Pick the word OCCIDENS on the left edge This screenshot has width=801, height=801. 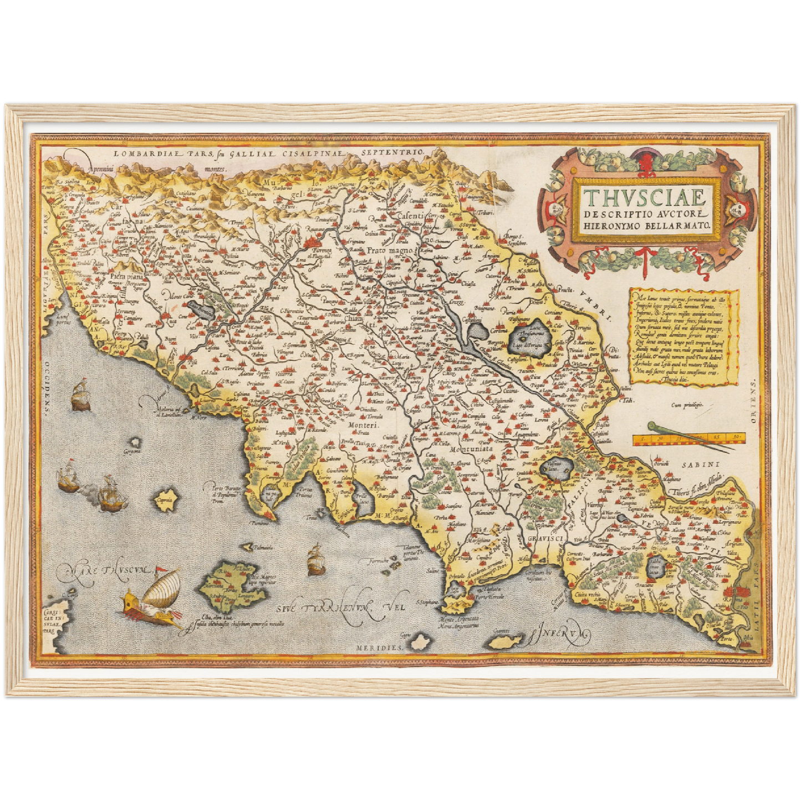click(48, 388)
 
